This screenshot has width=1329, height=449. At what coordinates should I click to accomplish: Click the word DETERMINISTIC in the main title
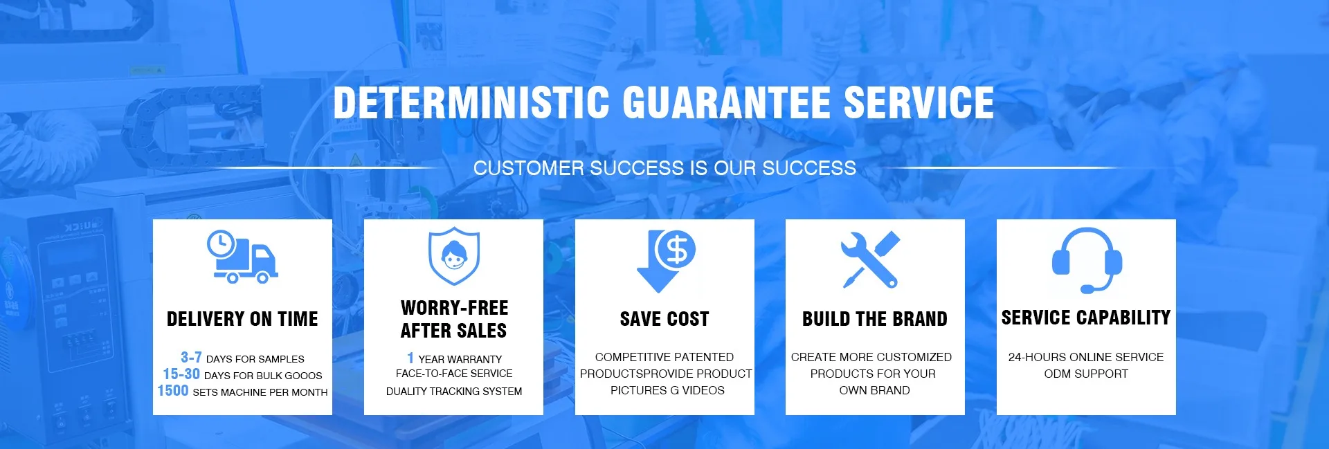click(471, 102)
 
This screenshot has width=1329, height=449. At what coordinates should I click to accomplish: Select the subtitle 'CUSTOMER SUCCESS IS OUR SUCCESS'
click(664, 168)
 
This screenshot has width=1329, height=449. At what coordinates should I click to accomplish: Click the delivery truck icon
click(243, 257)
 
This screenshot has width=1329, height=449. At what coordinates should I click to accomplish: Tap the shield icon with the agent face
click(454, 256)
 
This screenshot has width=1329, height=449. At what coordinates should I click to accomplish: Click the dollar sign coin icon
click(676, 250)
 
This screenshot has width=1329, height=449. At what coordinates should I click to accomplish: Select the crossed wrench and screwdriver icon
click(871, 259)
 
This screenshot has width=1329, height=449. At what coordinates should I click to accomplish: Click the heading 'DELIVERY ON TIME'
click(242, 319)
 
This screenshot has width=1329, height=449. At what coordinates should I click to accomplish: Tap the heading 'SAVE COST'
click(664, 319)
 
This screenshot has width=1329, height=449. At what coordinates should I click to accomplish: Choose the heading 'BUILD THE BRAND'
click(875, 319)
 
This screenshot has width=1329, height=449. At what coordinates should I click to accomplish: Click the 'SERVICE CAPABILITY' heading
click(1086, 318)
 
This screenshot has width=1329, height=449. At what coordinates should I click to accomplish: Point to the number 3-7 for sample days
click(191, 357)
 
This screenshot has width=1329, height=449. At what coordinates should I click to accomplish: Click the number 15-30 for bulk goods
click(181, 374)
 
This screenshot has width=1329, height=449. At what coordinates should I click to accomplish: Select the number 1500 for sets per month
click(173, 390)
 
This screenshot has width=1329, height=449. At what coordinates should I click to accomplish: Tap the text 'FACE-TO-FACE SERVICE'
click(454, 374)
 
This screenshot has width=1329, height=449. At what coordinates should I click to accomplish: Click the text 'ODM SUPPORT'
click(1086, 374)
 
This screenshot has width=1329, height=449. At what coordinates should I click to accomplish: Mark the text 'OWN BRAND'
click(875, 390)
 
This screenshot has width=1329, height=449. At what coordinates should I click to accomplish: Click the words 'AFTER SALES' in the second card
click(454, 331)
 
